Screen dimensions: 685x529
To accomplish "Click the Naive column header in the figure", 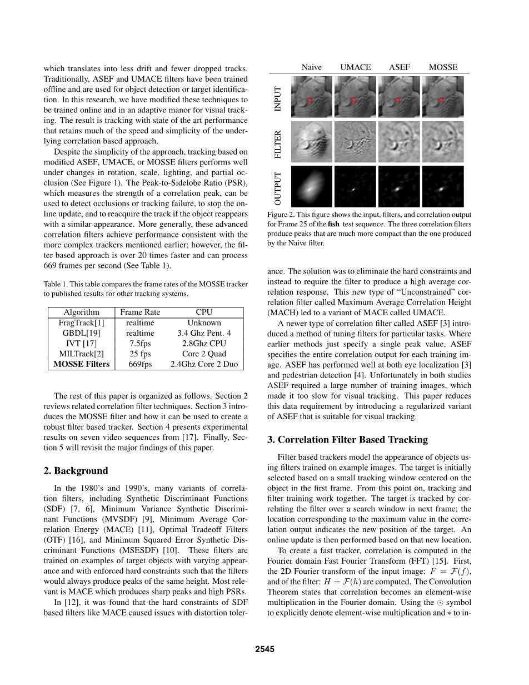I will tap(311, 67).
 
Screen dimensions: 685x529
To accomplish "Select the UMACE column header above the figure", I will tap(356, 67).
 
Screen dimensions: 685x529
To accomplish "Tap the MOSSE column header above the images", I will tap(443, 67).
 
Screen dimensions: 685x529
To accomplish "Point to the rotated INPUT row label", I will tap(278, 98).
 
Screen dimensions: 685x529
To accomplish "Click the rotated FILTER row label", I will tap(278, 142).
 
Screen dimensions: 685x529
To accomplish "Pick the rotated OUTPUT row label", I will tap(278, 187).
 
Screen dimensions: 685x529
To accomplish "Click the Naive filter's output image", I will tap(312, 186).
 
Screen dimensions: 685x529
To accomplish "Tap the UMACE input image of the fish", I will tap(356, 97).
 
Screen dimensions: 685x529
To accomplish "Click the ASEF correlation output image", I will tap(399, 186).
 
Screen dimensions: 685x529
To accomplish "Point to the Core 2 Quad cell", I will tap(204, 354).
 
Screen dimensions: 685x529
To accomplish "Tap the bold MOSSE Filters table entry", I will tap(81, 364).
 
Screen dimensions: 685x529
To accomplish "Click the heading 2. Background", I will tap(76, 471).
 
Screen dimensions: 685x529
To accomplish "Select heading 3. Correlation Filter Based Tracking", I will tap(347, 440).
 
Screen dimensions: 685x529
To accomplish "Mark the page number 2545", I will tap(264, 649).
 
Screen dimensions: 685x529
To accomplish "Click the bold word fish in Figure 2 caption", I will tap(333, 224).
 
